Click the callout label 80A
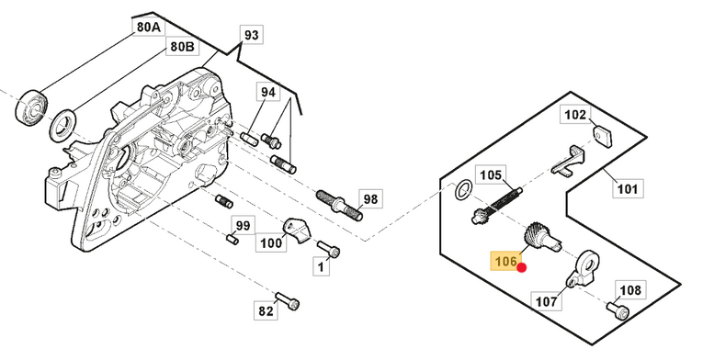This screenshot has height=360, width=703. tap(148, 27)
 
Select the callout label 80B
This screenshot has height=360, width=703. tap(182, 46)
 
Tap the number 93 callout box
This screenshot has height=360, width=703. tap(252, 35)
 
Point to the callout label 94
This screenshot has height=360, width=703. tap(267, 92)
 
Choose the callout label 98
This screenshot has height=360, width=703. tap(370, 198)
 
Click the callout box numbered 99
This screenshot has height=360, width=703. tap(243, 225)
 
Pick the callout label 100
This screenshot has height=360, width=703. tap(271, 243)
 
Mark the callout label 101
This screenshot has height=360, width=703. tap(628, 188)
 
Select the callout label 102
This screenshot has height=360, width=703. tap(575, 115)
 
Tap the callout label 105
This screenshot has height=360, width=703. tap(491, 174)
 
